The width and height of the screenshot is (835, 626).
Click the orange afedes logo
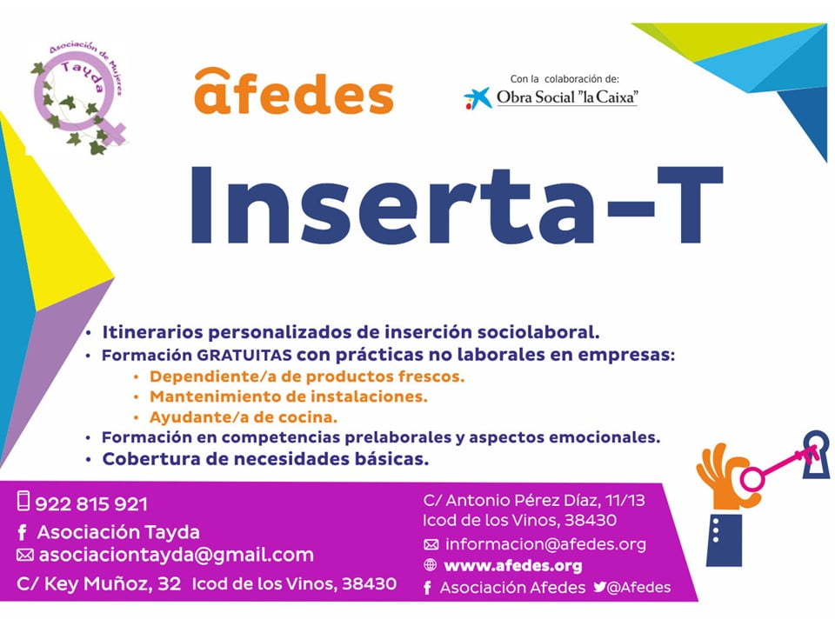[293, 93]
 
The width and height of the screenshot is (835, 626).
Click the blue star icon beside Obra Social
[477, 97]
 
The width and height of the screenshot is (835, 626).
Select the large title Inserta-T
[457, 206]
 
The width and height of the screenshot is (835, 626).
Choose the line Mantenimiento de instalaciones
[289, 396]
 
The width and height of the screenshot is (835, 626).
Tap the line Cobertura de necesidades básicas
[265, 458]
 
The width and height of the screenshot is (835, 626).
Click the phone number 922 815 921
[91, 503]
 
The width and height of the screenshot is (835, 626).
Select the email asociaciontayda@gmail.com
[174, 555]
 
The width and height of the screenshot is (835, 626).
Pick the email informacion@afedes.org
[545, 545]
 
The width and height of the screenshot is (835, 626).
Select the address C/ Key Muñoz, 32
[99, 584]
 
